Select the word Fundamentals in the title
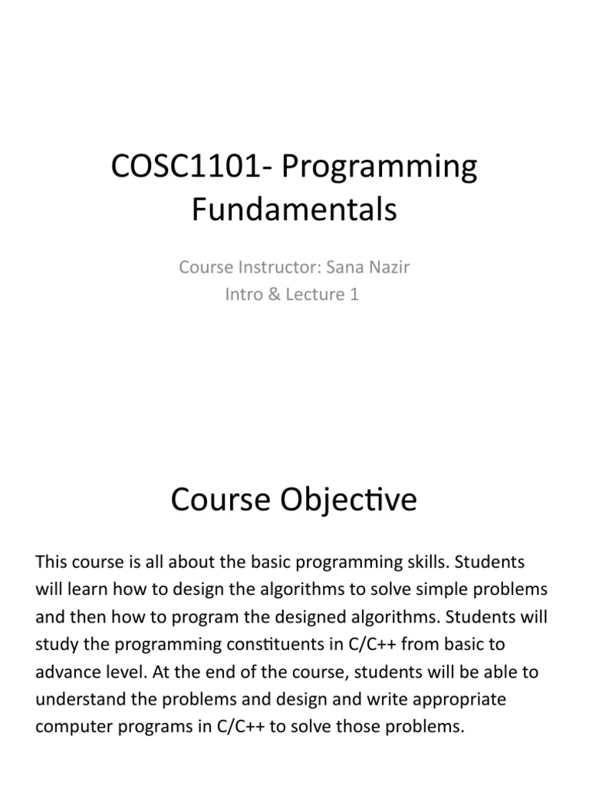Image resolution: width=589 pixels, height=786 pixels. coord(294,209)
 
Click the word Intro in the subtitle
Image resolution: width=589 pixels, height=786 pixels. coord(243,294)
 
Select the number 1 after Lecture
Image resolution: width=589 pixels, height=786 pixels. coord(354,294)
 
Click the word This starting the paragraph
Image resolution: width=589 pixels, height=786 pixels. coord(52,562)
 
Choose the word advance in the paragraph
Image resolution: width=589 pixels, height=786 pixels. coord(67,672)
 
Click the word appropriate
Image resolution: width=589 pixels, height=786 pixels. coord(454,699)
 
